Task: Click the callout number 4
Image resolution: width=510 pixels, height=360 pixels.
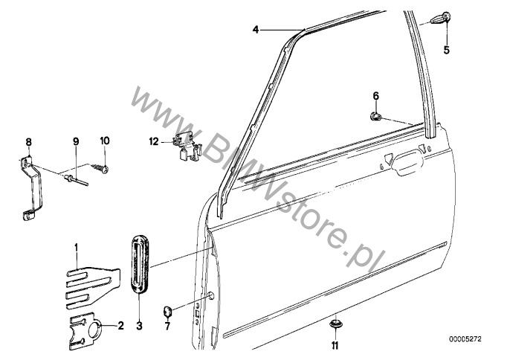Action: click(256, 30)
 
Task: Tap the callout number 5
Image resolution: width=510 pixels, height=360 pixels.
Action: click(447, 50)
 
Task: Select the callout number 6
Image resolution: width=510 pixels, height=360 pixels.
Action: click(375, 96)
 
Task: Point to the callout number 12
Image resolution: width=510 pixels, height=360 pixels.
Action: click(154, 141)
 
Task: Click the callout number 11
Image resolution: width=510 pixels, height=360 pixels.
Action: click(335, 345)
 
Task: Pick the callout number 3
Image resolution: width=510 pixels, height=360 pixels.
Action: click(139, 326)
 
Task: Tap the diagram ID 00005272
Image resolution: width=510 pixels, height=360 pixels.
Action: click(465, 339)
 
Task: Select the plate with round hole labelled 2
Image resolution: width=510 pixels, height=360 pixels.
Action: click(85, 331)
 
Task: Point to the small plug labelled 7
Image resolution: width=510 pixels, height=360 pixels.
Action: click(167, 312)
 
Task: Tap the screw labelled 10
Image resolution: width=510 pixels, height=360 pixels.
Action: click(100, 168)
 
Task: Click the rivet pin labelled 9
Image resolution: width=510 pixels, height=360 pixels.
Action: click(77, 180)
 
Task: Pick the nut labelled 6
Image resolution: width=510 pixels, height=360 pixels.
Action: click(375, 116)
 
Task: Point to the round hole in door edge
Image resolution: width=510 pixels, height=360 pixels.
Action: click(211, 295)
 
